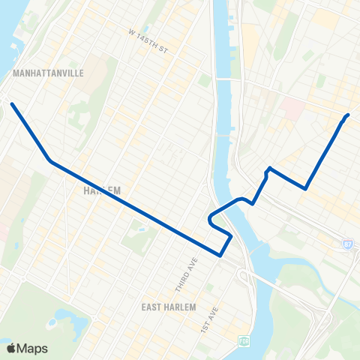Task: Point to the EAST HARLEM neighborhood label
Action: tap(169, 307)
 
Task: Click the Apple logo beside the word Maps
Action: tap(11, 348)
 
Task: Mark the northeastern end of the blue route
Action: tap(348, 115)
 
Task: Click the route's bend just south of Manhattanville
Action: tap(50, 160)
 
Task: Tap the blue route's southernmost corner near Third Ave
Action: tap(220, 255)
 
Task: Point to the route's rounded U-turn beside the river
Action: tap(209, 219)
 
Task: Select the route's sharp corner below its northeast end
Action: tap(305, 188)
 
